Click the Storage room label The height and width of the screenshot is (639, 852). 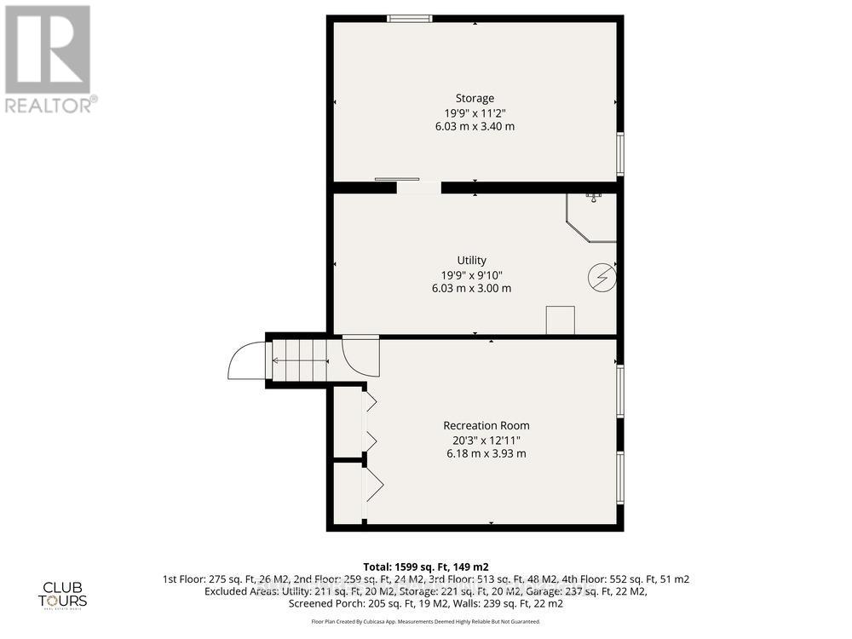(474, 98)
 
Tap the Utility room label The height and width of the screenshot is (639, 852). (471, 260)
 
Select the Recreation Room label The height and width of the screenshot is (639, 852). (486, 425)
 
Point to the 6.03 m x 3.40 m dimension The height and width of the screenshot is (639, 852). (474, 126)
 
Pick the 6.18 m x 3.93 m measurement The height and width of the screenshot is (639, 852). (486, 453)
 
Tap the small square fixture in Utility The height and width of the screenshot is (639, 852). (560, 319)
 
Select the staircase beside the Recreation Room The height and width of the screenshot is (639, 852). (298, 360)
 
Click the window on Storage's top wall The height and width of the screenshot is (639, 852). (409, 18)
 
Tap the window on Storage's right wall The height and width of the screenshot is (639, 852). (619, 153)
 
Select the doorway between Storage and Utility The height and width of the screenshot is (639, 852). (418, 187)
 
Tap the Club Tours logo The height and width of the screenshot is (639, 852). (65, 594)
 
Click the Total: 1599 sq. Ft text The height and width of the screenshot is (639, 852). (425, 567)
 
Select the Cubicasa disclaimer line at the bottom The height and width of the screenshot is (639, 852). (425, 622)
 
